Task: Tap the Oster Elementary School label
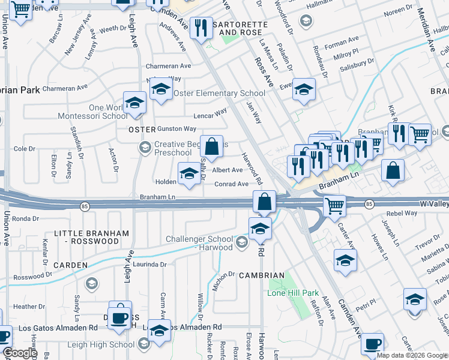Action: tap(219, 93)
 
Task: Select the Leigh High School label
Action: tap(105, 344)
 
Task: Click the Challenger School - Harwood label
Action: tap(199, 243)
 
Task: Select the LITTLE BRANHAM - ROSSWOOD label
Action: tap(86, 237)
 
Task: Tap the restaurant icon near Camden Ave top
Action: tap(200, 27)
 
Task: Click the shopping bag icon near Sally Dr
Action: tap(211, 146)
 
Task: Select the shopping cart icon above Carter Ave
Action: tap(335, 206)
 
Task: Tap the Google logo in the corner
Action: tap(20, 353)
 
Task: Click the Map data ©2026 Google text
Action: tap(411, 355)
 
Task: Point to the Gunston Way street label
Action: tap(176, 129)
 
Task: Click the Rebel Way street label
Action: tap(402, 213)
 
